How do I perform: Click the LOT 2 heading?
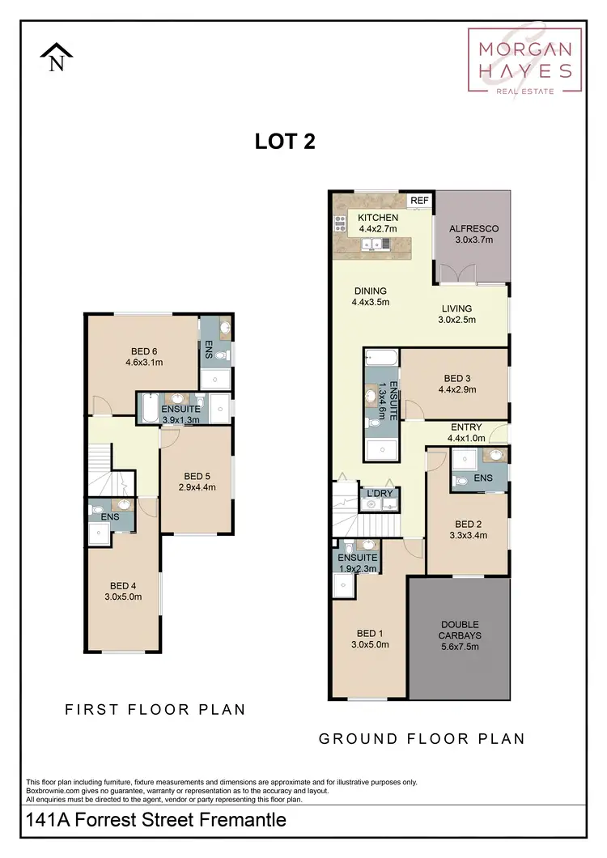pos(285,142)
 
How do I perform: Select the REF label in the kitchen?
pos(419,201)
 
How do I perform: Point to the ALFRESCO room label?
pos(473,229)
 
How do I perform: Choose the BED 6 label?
pos(144,351)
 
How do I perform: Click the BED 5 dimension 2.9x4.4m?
pos(197,487)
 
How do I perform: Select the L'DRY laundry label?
pos(379,493)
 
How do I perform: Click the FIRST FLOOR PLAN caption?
pos(155,710)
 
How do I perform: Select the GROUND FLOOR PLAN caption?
pos(422,738)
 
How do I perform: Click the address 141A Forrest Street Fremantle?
pos(157,820)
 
